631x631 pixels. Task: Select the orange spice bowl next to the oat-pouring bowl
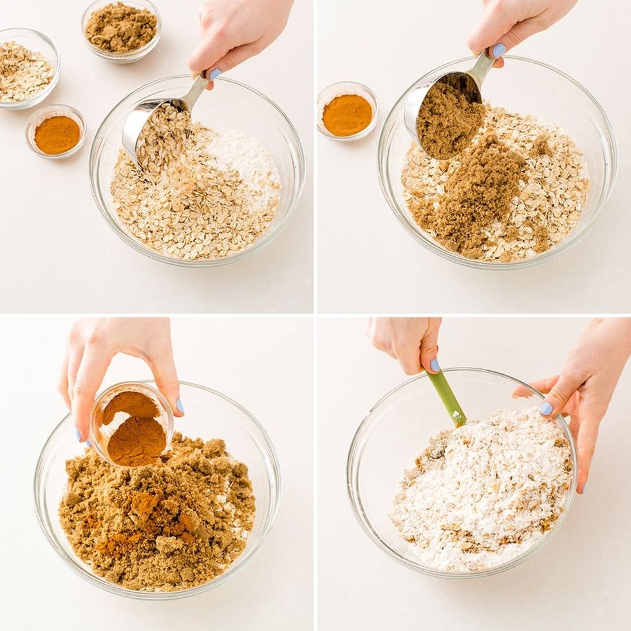click(56, 134)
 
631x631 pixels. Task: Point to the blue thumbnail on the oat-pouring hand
click(214, 74)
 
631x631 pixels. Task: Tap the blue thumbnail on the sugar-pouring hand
click(499, 50)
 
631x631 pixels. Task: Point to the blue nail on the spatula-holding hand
click(435, 365)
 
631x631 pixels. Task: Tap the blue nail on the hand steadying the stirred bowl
click(546, 408)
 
